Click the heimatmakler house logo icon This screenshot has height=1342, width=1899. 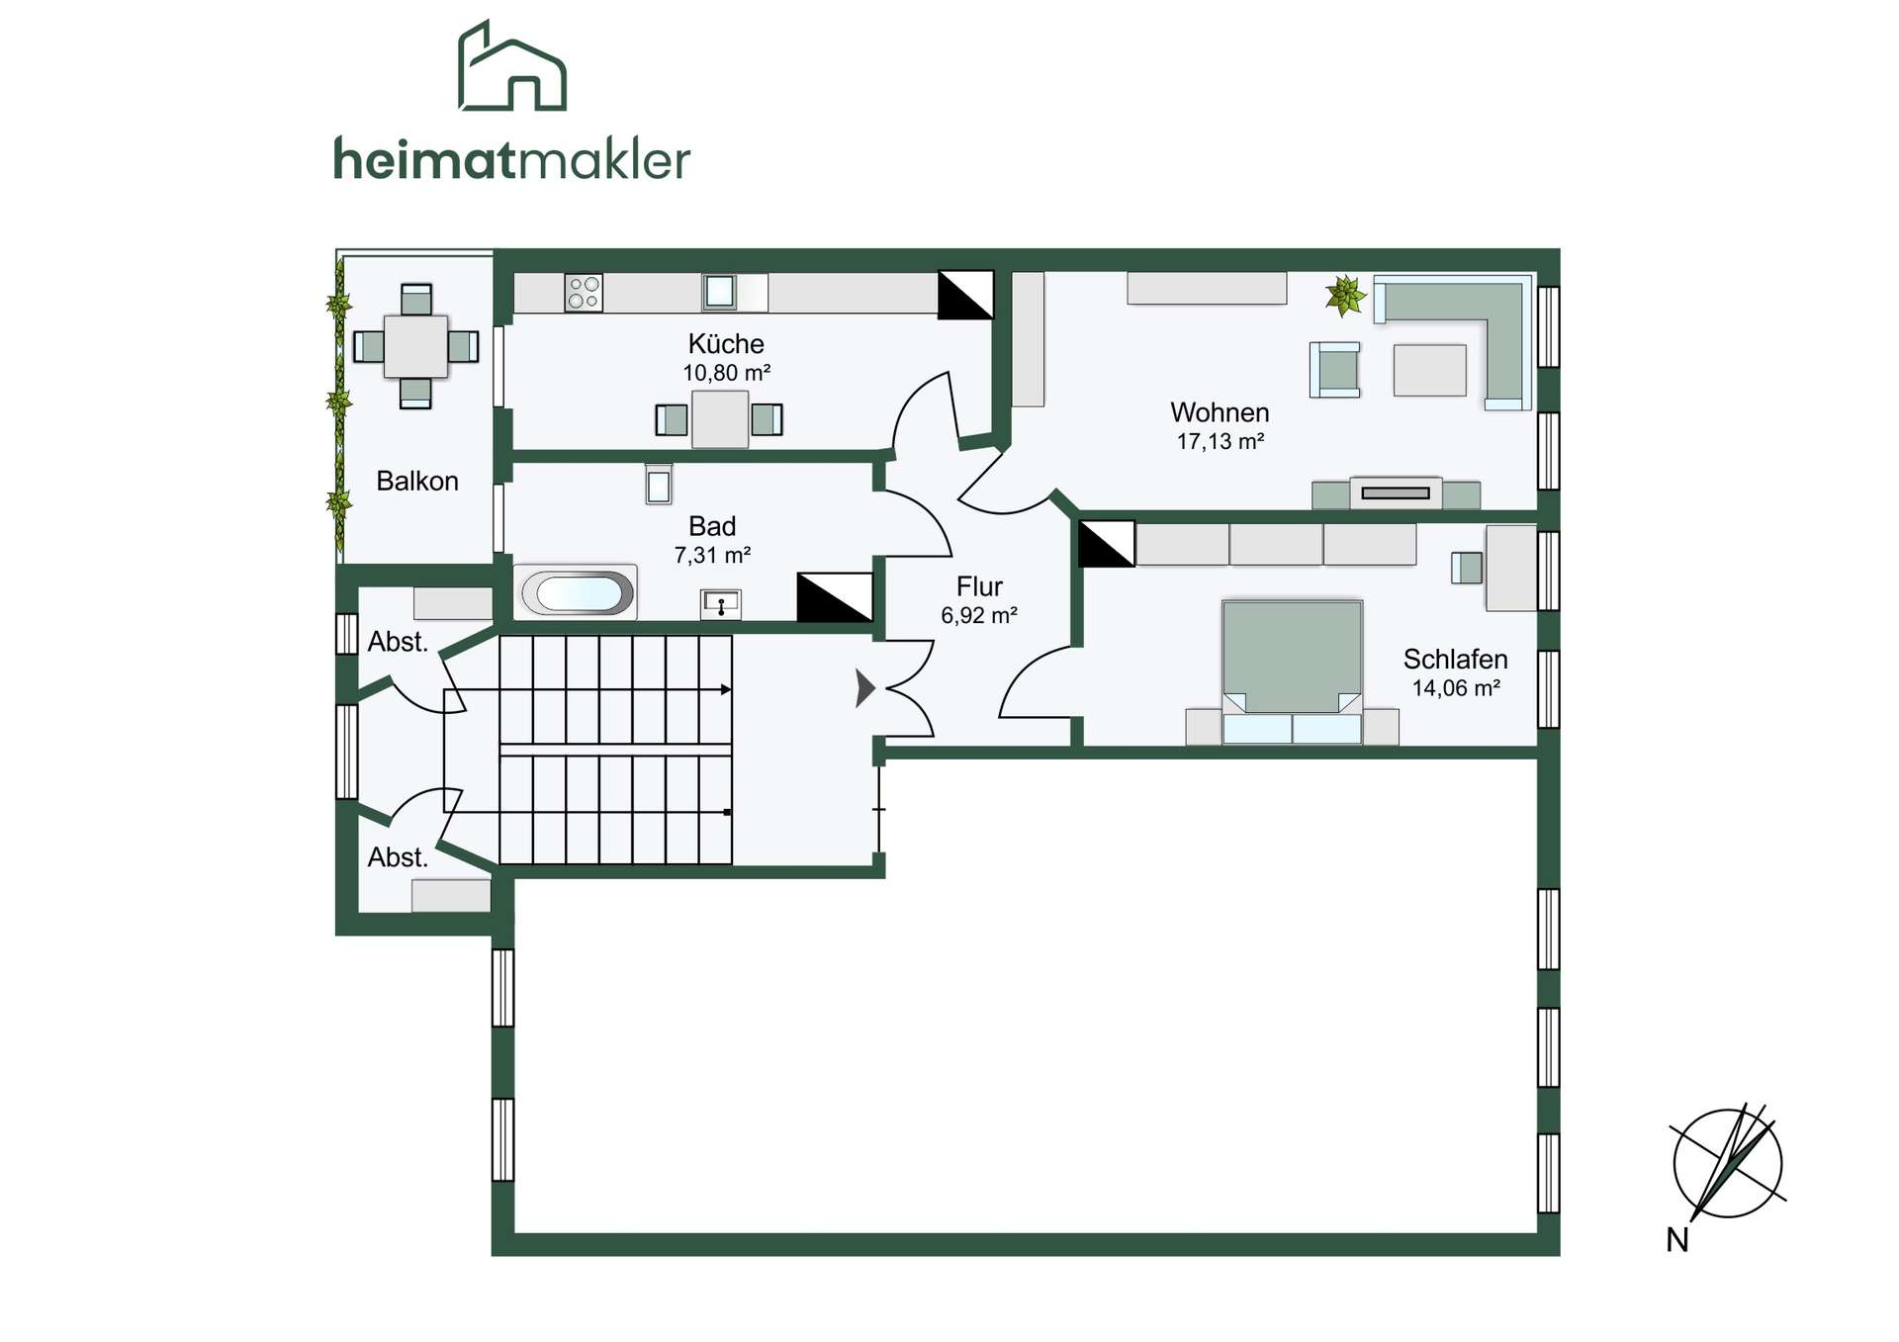[512, 65]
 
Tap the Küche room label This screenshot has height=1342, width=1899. [726, 344]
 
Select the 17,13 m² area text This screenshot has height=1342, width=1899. [1221, 441]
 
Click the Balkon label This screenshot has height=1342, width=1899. [417, 481]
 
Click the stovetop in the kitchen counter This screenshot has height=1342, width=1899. [584, 293]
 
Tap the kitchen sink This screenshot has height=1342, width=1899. [719, 292]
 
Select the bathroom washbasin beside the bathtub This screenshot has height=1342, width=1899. [721, 603]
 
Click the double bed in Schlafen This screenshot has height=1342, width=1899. [1292, 671]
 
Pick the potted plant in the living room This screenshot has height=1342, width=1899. [1345, 296]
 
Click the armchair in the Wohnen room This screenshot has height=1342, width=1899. [1335, 370]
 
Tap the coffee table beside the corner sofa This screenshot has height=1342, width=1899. [1429, 370]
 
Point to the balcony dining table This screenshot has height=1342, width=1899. [415, 346]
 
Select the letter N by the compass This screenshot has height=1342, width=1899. [1677, 1240]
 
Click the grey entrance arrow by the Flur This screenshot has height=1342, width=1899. [865, 688]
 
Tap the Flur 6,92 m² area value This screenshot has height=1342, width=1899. [979, 615]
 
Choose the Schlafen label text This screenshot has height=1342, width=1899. [1455, 660]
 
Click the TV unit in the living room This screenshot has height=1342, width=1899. [1396, 492]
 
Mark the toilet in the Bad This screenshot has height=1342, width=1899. [659, 484]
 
